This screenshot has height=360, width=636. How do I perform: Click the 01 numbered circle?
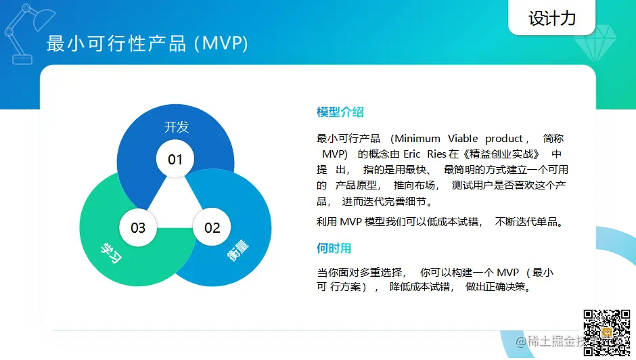click(175, 159)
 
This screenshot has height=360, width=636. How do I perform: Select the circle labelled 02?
click(212, 227)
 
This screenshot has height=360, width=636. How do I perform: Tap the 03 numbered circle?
click(138, 227)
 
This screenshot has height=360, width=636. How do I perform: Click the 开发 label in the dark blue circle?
click(177, 127)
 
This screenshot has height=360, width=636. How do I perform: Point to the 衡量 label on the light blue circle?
click(237, 250)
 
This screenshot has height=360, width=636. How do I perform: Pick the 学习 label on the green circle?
click(111, 253)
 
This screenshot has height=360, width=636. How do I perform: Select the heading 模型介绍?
click(340, 112)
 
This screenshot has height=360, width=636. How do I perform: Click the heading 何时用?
click(334, 248)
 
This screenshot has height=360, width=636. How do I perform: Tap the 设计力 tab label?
click(552, 18)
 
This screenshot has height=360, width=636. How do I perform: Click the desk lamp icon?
click(28, 34)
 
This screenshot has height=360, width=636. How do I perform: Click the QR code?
click(607, 333)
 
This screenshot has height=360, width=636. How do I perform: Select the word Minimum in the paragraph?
click(417, 139)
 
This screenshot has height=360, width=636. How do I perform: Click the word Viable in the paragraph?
click(463, 139)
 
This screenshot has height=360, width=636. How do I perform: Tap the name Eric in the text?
click(411, 154)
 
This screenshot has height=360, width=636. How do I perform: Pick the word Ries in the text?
click(436, 154)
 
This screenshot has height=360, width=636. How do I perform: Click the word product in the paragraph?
click(504, 139)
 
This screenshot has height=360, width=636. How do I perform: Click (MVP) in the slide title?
click(221, 43)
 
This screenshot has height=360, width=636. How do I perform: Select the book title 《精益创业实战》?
click(501, 154)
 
